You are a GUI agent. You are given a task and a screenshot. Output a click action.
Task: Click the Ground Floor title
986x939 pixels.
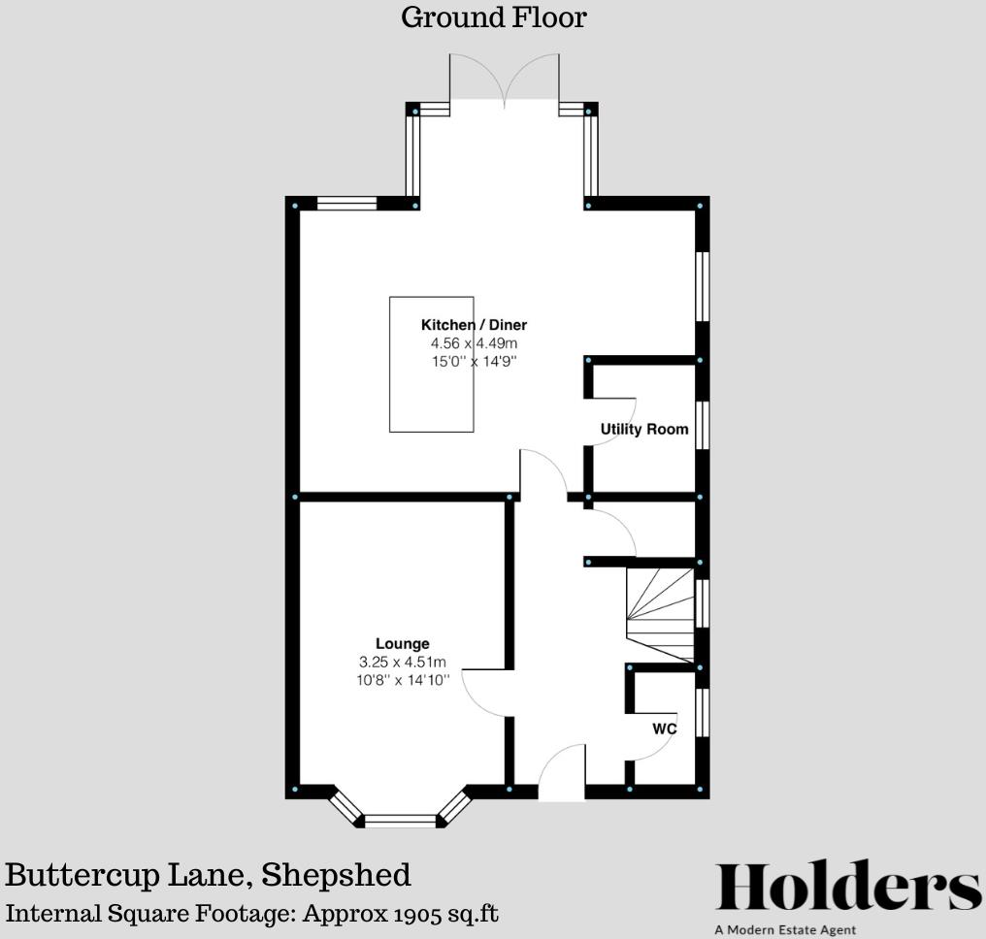pos(493,17)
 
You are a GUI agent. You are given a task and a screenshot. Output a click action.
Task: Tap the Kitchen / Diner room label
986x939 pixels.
pos(474,325)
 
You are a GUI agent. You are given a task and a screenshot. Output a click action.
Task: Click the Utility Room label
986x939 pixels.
pos(644,429)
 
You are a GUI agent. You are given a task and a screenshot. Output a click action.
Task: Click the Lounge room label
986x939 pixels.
pos(403,643)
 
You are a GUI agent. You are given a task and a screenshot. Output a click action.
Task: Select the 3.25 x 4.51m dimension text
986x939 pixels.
pos(403,662)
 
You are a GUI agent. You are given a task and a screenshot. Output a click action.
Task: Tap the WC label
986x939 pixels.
pos(664,729)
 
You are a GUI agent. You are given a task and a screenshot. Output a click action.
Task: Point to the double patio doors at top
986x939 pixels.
pos(504,82)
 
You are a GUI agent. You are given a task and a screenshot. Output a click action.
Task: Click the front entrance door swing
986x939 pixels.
pos(561,771)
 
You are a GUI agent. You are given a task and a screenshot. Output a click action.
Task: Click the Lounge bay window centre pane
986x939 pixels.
pos(401,821)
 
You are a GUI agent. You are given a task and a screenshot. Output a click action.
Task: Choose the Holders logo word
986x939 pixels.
pos(848,888)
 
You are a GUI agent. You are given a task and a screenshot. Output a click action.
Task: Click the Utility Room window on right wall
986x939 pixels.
pos(703,425)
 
